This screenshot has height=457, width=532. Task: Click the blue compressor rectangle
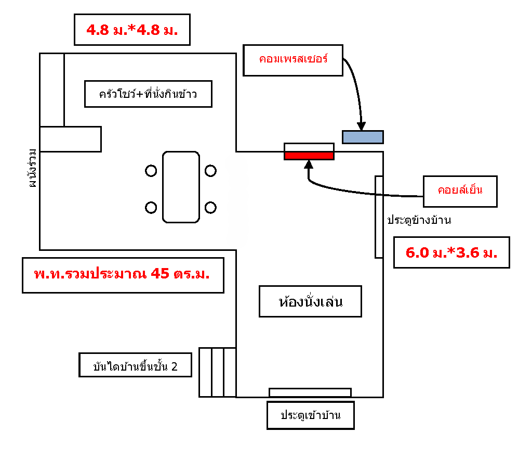click(x=363, y=137)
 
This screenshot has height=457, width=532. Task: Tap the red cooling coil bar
click(x=309, y=156)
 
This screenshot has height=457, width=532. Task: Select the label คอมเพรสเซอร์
click(x=293, y=60)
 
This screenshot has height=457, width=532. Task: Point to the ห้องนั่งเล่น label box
click(x=310, y=301)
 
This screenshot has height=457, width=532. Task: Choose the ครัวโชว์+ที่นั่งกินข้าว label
click(x=148, y=94)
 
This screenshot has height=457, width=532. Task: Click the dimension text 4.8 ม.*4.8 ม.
click(x=132, y=30)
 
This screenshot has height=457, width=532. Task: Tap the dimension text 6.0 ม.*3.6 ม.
click(x=451, y=252)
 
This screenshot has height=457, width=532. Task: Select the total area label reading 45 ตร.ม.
click(x=122, y=274)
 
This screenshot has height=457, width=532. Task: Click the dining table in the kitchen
click(x=181, y=187)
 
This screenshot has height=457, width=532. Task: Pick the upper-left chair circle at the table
click(x=151, y=171)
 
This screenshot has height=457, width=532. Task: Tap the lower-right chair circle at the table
click(x=210, y=207)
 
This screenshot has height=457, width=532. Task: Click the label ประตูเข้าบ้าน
click(x=311, y=415)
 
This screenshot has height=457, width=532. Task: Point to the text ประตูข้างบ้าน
click(x=419, y=220)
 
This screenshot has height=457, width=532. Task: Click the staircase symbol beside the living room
click(x=218, y=372)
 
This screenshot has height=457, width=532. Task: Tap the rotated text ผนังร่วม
click(x=33, y=168)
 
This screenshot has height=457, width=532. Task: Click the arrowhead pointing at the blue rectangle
click(x=362, y=126)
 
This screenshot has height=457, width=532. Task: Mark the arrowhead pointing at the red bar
click(x=309, y=164)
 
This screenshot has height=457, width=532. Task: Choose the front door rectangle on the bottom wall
click(x=310, y=392)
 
